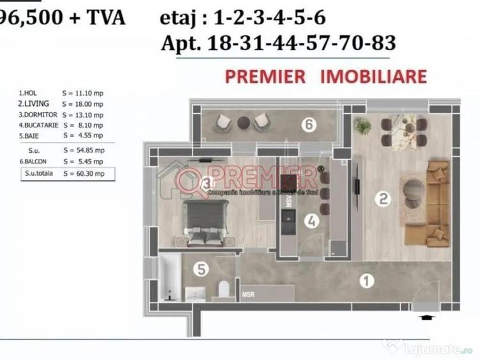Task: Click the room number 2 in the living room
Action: coord(383,200)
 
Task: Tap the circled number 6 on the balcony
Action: coord(309,125)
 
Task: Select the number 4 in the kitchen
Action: coord(311,221)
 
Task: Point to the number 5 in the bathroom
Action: coord(201,270)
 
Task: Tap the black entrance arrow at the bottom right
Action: coord(426,315)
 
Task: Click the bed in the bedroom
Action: coord(205,221)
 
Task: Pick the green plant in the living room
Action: coord(362,126)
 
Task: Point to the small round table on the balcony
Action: coord(243,123)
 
